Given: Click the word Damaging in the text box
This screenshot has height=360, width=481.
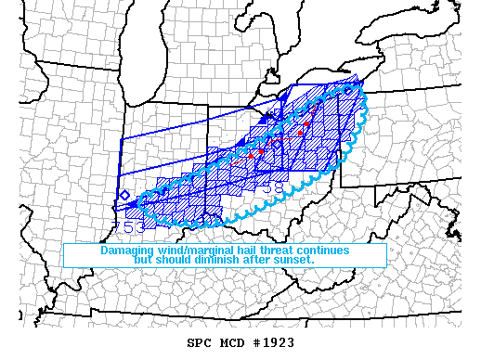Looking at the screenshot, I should tap(126, 251).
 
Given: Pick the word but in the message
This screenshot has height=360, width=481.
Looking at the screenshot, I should tap(144, 260).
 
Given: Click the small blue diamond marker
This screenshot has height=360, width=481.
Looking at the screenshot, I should tap(123, 195).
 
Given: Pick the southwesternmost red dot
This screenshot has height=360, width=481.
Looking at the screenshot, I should tap(251, 155).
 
